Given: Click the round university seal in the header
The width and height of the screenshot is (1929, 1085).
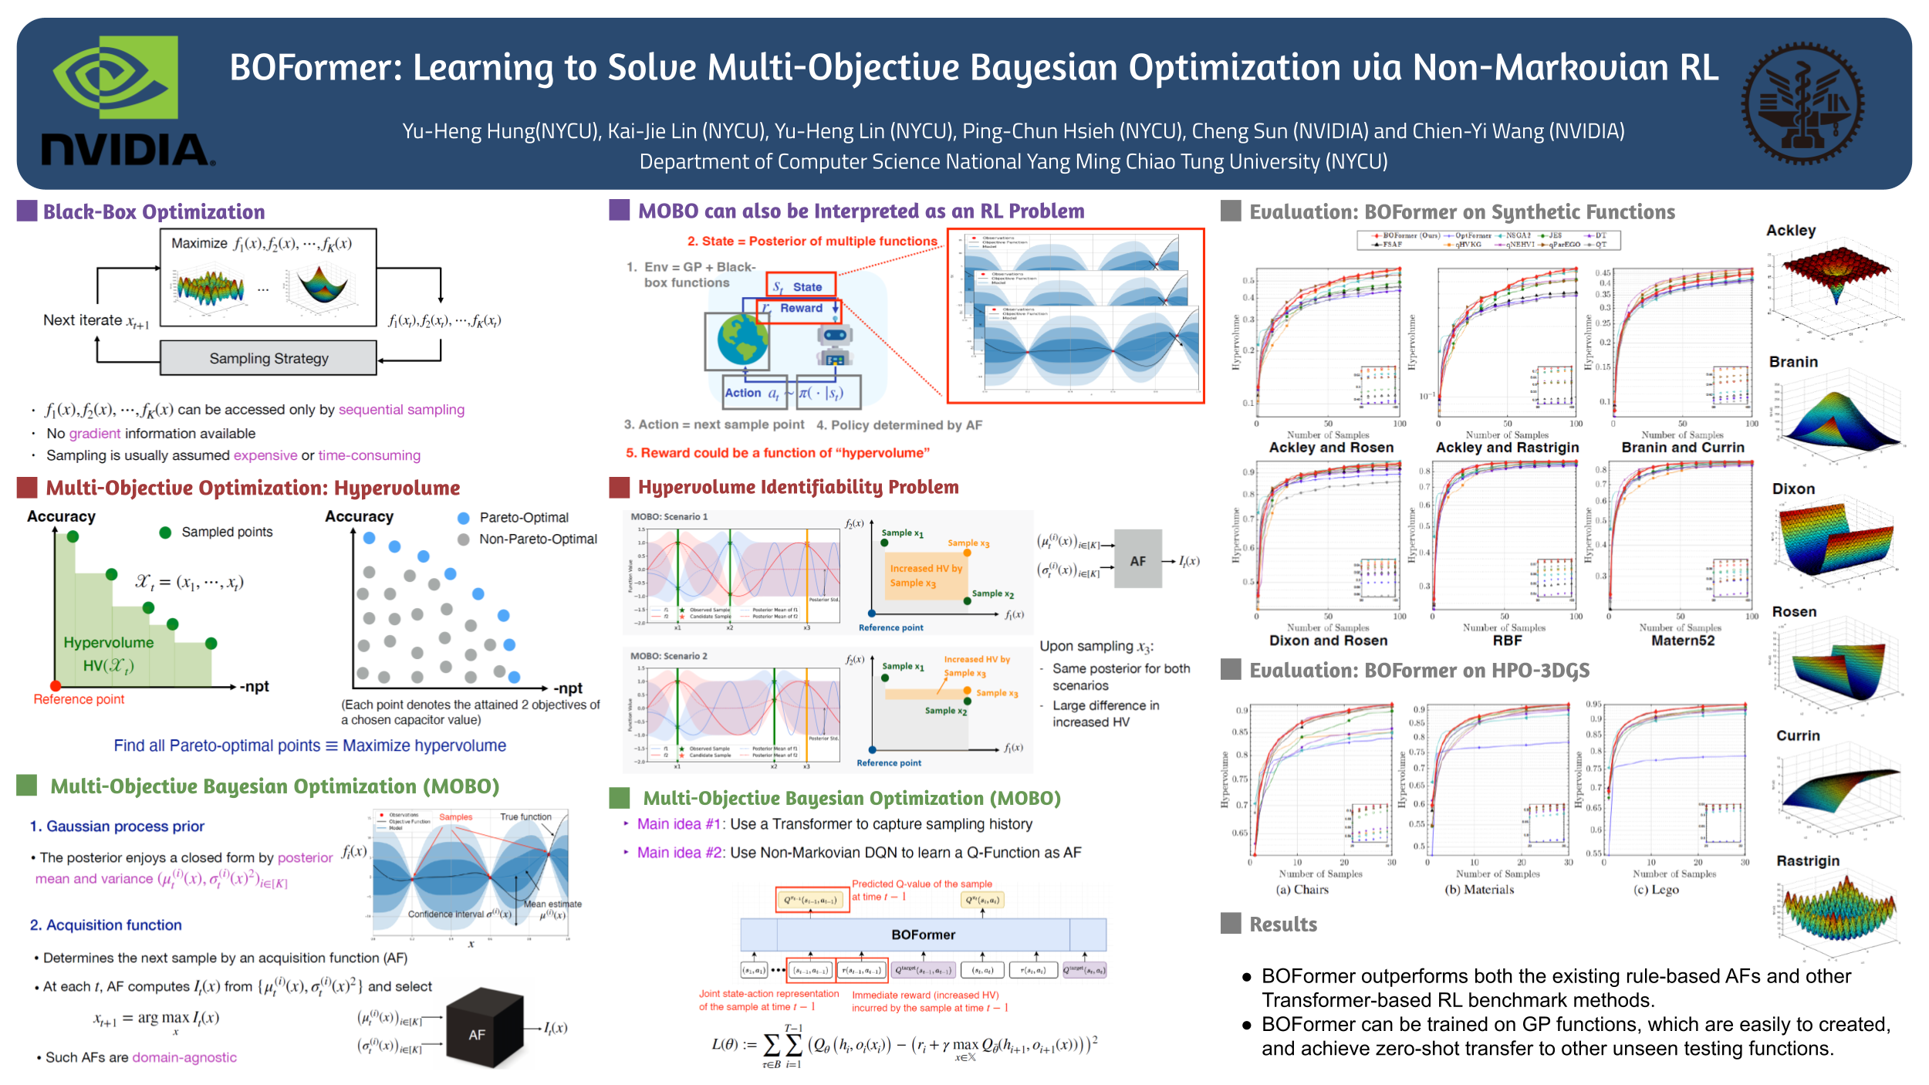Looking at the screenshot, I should click(1802, 103).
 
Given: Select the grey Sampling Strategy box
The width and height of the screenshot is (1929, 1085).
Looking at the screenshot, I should click(269, 359).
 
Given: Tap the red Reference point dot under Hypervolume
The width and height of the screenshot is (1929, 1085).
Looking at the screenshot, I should click(56, 686).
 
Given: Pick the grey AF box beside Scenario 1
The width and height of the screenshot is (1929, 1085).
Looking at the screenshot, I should click(1138, 561).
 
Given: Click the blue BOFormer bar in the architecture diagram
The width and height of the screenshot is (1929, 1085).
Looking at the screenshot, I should click(923, 935).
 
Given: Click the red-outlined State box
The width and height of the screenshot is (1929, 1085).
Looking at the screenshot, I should click(800, 286).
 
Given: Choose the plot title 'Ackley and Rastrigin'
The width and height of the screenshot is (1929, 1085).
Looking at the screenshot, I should click(1507, 448).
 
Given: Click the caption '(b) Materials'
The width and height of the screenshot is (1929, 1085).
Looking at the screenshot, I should click(1479, 890).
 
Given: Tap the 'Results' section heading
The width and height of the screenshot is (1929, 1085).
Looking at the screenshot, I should click(1283, 924).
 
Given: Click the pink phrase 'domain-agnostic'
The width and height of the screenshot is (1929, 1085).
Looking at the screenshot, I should click(184, 1057).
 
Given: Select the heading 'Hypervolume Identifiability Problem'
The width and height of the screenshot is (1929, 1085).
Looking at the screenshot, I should click(798, 487).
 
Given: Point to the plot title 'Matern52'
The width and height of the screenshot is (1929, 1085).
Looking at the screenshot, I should click(1682, 641).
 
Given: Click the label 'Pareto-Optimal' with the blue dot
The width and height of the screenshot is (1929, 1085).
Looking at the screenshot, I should click(524, 518).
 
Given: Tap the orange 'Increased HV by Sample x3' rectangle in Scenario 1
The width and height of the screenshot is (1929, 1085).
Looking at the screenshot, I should click(926, 576).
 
